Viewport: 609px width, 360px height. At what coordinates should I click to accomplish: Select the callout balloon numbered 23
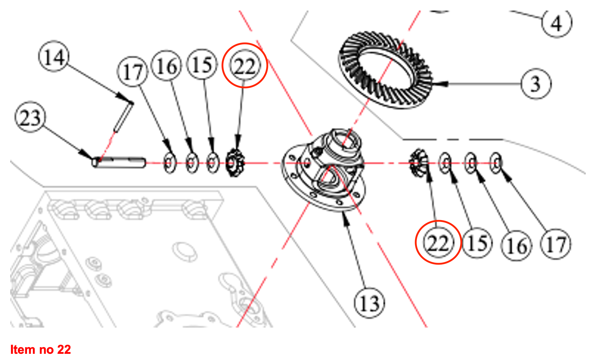(x=30, y=118)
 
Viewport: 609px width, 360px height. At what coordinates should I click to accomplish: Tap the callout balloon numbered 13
(x=369, y=303)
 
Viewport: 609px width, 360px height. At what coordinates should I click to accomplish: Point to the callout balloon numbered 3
(x=536, y=84)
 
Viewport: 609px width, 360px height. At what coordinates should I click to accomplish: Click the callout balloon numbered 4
(x=556, y=23)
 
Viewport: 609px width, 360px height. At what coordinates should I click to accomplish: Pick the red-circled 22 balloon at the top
(x=245, y=66)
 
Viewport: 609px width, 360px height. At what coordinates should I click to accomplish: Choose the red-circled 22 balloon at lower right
(x=438, y=242)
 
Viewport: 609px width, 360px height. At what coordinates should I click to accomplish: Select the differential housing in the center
(x=325, y=171)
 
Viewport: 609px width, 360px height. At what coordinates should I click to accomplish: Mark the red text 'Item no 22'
(x=40, y=349)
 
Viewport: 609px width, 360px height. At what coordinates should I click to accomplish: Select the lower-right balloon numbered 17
(x=556, y=244)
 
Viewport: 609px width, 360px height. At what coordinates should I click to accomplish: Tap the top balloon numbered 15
(x=202, y=65)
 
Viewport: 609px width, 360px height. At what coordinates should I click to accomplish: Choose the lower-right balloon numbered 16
(x=517, y=246)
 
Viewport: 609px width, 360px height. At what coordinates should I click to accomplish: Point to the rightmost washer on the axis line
(x=496, y=163)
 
